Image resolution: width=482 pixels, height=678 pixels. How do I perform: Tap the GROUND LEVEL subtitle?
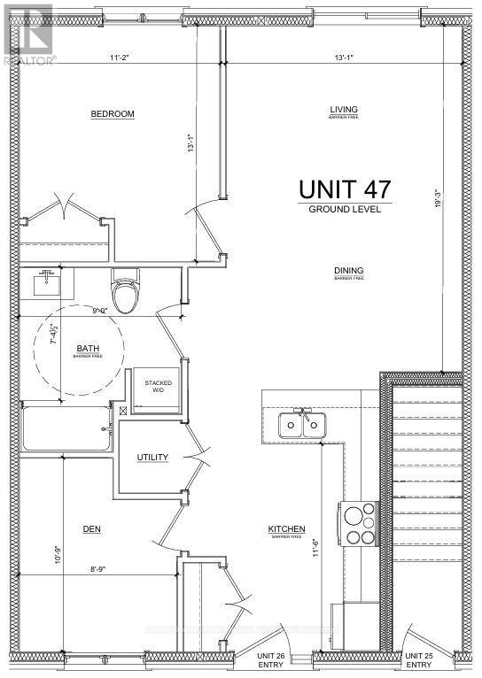point(345,210)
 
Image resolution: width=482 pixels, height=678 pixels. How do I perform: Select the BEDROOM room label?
point(113,114)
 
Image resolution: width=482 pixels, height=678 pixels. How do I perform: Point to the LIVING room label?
point(343,111)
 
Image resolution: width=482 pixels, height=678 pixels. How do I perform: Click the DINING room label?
point(349,272)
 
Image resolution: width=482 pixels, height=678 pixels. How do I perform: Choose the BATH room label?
point(87,349)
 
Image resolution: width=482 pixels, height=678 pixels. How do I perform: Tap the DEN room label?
point(90,529)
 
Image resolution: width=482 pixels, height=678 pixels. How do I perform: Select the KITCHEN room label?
point(287,529)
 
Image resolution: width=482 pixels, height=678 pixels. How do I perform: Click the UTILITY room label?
point(152,457)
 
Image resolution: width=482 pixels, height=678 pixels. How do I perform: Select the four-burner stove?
point(360,523)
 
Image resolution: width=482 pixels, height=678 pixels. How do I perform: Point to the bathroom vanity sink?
point(45,284)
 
